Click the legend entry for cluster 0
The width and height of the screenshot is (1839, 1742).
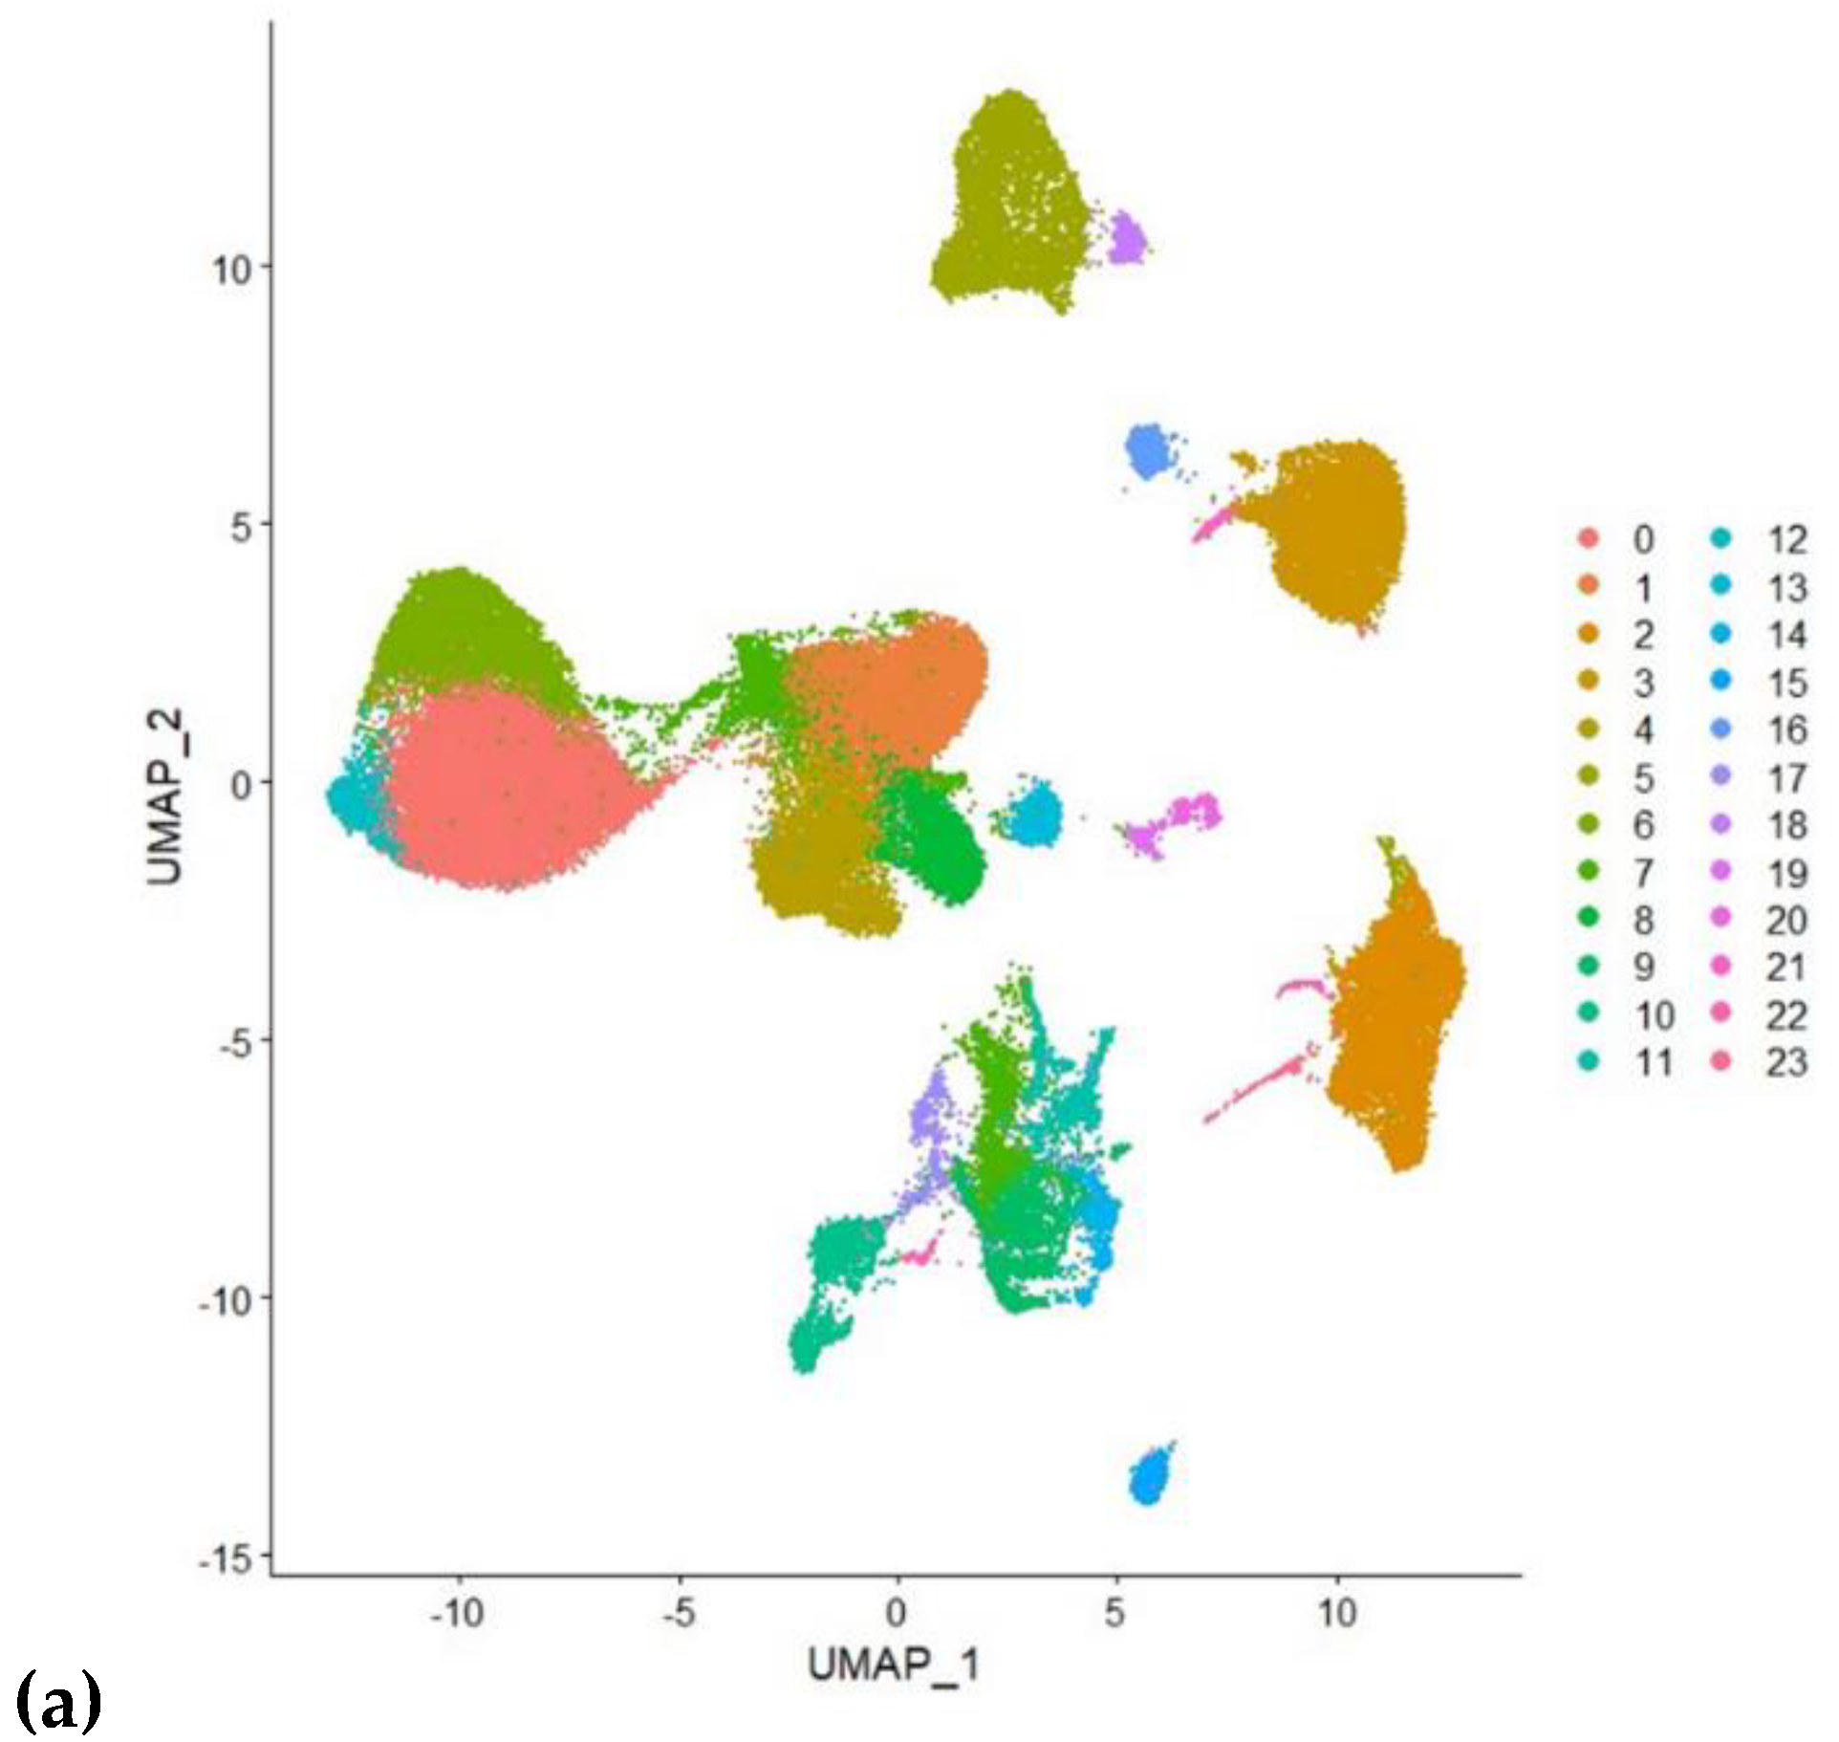click(1625, 539)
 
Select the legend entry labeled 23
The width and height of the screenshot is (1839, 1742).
click(1768, 1062)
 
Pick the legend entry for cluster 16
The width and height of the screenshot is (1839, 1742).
click(1768, 729)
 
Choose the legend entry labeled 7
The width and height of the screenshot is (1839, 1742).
click(1625, 872)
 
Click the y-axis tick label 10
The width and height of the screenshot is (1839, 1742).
click(231, 269)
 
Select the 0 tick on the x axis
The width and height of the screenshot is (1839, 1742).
click(896, 1614)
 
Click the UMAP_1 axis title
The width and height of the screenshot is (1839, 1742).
click(893, 1665)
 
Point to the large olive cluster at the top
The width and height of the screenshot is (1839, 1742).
click(1013, 201)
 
